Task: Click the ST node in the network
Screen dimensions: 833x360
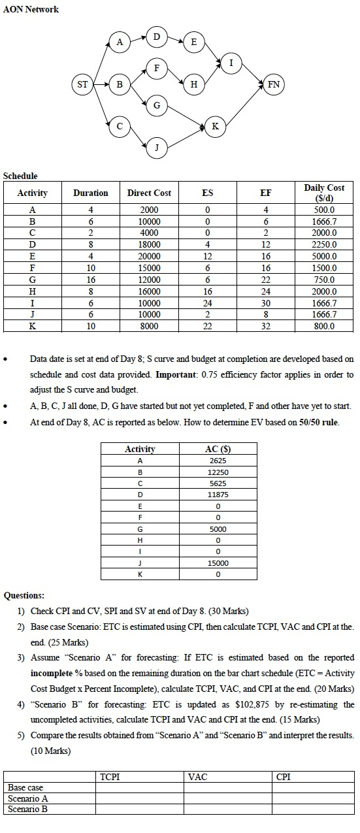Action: point(83,84)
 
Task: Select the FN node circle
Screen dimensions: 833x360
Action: point(273,84)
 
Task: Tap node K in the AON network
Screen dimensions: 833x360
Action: point(215,127)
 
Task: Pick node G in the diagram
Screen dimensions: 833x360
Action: point(156,105)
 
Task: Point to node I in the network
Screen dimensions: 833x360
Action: point(230,63)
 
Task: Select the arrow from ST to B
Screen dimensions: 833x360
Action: point(101,84)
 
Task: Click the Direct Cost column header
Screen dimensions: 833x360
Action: point(149,193)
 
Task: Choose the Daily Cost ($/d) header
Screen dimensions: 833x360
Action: point(324,193)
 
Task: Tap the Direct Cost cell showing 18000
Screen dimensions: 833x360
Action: point(150,245)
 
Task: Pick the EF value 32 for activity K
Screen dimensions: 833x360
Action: point(265,327)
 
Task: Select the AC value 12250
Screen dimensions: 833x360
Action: point(218,472)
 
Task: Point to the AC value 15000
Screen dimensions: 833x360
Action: point(218,563)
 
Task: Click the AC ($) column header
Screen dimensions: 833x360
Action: point(218,449)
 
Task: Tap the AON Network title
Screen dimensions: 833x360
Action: point(31,9)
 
